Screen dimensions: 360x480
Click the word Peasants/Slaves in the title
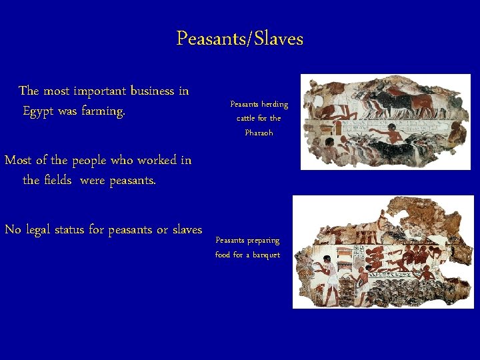tap(239, 39)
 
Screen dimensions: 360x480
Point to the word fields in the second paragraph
tap(58, 180)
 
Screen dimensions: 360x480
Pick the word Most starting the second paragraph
tap(18, 161)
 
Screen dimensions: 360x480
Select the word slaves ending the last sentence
tap(187, 230)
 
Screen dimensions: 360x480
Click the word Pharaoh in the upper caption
tap(259, 133)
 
